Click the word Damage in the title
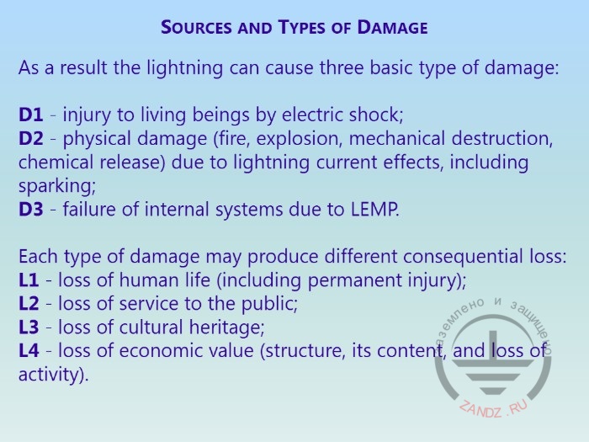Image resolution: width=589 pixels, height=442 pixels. click(x=392, y=28)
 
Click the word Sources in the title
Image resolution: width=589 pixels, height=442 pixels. click(x=196, y=28)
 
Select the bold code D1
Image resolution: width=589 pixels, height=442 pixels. click(x=31, y=114)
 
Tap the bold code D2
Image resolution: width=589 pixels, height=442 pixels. click(x=31, y=138)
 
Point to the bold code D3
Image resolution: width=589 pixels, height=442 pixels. click(x=31, y=210)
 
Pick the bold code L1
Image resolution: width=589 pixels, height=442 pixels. click(x=29, y=280)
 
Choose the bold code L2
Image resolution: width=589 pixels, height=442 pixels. click(x=29, y=304)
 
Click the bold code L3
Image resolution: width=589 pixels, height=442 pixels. click(x=29, y=328)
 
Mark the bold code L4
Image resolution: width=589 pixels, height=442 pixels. click(x=29, y=351)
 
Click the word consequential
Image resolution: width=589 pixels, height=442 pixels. click(x=463, y=257)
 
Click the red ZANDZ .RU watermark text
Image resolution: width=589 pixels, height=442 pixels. click(x=494, y=408)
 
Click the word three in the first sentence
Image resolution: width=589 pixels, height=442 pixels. click(x=342, y=68)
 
